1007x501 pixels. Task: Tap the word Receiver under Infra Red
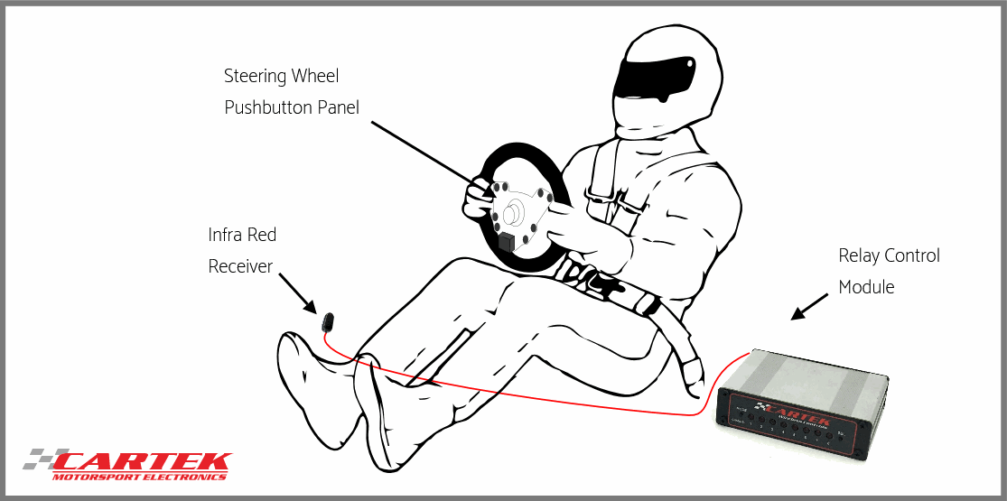[240, 266]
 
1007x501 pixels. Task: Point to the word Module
[866, 287]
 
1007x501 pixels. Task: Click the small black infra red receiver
[328, 320]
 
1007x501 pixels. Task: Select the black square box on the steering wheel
[506, 242]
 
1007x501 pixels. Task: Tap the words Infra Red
[242, 235]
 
